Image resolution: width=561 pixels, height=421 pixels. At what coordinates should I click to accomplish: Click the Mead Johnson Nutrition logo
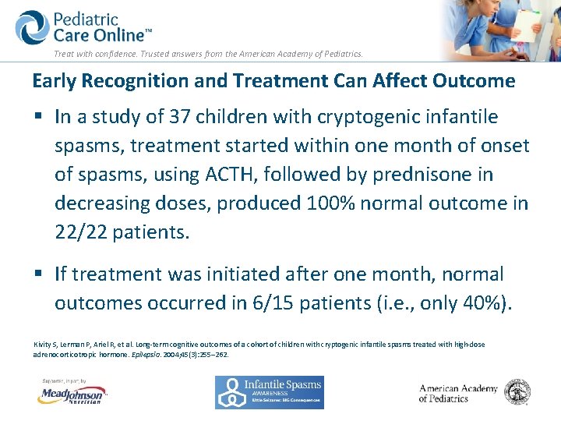[x=72, y=394]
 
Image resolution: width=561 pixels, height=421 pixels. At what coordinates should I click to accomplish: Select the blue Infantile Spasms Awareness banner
[x=269, y=392]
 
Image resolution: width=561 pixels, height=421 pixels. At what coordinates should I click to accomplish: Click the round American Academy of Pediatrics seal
[x=517, y=392]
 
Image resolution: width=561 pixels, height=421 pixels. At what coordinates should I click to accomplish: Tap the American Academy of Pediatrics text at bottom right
[x=457, y=393]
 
